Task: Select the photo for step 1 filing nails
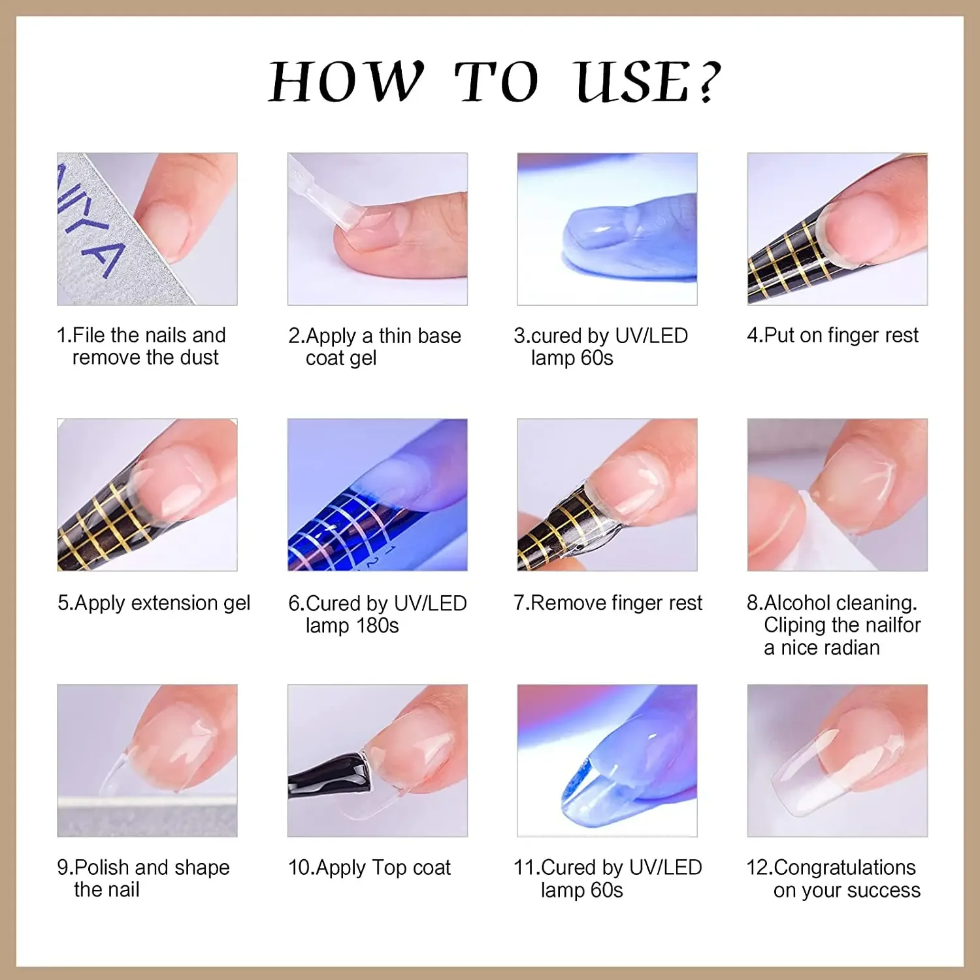click(x=147, y=229)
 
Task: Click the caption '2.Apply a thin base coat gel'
click(x=375, y=347)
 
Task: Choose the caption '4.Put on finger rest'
click(x=832, y=335)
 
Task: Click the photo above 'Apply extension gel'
click(x=147, y=495)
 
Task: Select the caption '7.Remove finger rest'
click(x=608, y=602)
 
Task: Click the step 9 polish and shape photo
click(x=147, y=760)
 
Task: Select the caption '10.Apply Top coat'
click(x=370, y=868)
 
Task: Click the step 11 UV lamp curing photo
click(x=607, y=760)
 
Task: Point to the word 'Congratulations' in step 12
click(x=845, y=868)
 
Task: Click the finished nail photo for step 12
click(x=838, y=760)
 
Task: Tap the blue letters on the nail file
click(x=88, y=222)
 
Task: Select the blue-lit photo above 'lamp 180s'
click(x=378, y=495)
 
